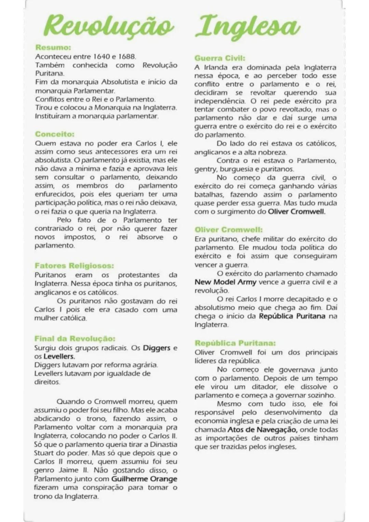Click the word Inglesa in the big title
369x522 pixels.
point(248,27)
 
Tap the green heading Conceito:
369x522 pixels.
point(55,134)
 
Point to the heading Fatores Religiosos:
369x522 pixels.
point(74,266)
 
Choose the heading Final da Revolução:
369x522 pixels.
point(75,338)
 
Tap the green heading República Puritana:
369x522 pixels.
point(235,343)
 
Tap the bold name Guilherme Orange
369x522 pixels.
point(144,479)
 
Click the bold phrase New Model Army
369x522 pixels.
point(225,282)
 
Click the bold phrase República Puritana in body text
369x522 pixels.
point(292,316)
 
